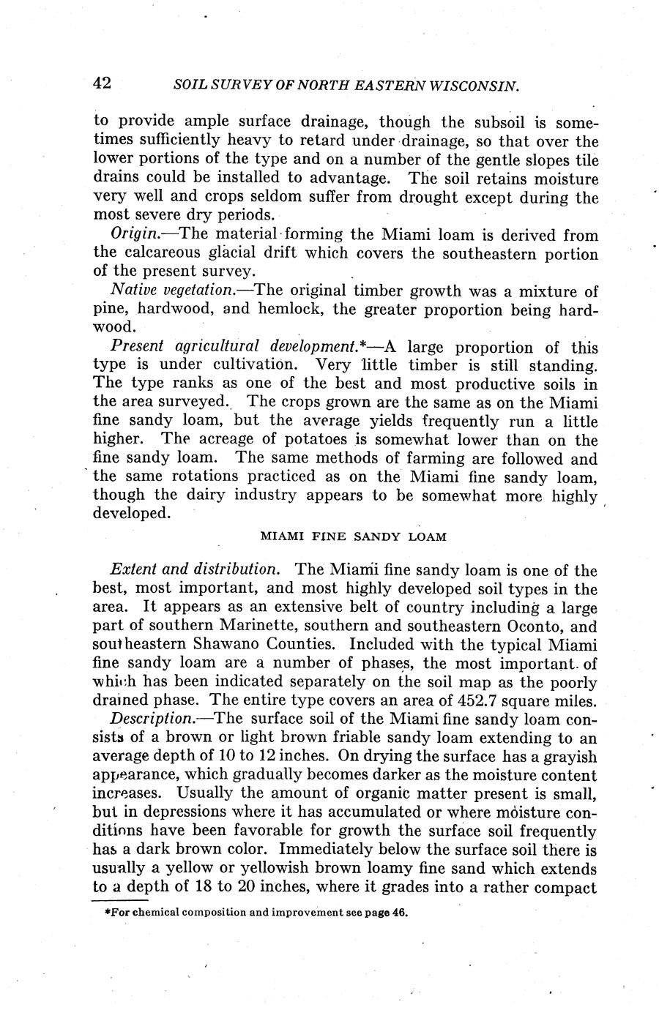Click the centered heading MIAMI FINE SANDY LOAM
(353, 536)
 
